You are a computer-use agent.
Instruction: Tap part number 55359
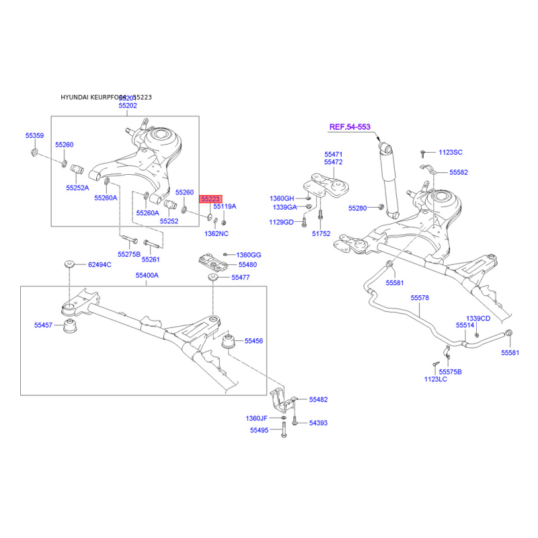(x=34, y=136)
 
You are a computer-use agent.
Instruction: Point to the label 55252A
(x=77, y=188)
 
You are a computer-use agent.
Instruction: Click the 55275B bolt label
(x=129, y=254)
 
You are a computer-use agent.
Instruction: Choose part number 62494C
(x=100, y=265)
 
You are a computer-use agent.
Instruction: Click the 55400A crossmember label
(x=147, y=276)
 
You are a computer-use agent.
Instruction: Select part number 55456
(x=254, y=341)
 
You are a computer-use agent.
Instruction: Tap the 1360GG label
(x=249, y=256)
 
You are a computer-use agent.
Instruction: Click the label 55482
(x=318, y=399)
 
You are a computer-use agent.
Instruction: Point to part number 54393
(x=318, y=423)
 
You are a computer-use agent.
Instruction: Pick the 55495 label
(x=259, y=430)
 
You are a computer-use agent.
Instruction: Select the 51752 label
(x=321, y=235)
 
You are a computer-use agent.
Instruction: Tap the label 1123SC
(x=451, y=153)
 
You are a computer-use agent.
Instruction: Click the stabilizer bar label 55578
(x=420, y=297)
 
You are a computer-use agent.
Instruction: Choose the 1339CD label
(x=479, y=318)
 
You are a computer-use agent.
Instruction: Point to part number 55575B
(x=451, y=371)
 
